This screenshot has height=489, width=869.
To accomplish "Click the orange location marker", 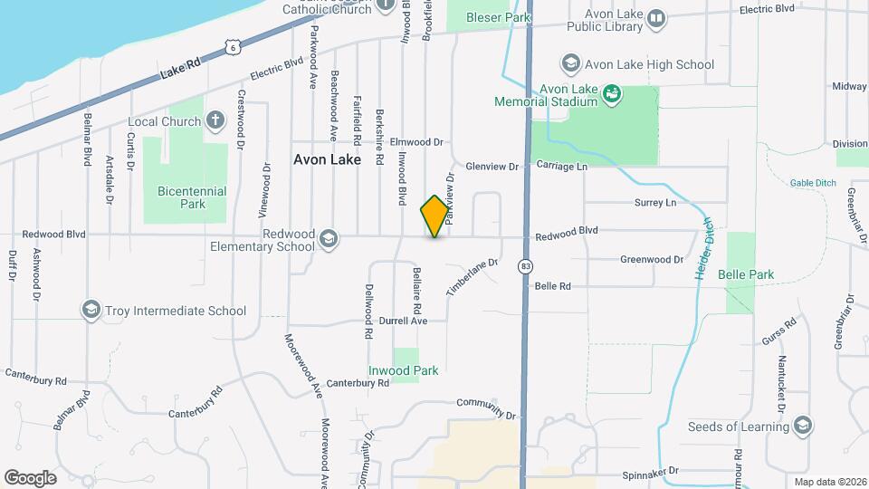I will [x=434, y=216].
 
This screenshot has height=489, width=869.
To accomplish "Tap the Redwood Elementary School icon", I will [x=328, y=239].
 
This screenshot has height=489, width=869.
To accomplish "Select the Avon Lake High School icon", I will [x=570, y=64].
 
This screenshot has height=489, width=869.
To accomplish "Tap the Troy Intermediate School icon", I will [x=91, y=311].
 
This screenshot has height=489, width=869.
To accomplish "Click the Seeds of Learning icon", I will [x=802, y=427].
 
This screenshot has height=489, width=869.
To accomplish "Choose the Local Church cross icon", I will [x=215, y=121].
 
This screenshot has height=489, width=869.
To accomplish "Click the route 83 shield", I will [x=525, y=266].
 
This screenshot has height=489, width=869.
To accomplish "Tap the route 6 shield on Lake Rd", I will [x=234, y=45].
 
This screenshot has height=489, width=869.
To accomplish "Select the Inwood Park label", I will [x=403, y=370].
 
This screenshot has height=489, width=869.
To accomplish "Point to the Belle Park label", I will [x=746, y=273].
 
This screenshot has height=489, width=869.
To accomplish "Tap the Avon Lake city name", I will [x=327, y=159].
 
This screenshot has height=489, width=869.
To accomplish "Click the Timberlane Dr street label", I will [x=472, y=277].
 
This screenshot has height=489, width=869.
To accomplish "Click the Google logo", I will [x=30, y=477].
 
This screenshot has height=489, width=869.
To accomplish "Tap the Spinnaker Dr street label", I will [x=650, y=474].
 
